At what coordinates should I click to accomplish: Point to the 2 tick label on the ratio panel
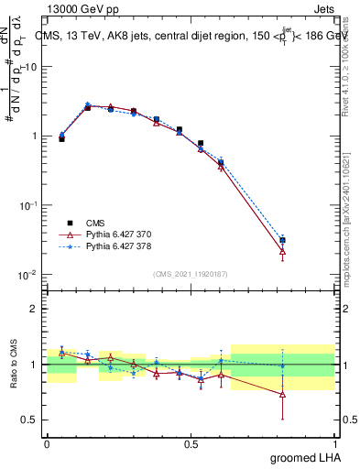34,310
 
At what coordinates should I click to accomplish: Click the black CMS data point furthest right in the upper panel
283,241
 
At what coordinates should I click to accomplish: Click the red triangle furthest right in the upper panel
283,250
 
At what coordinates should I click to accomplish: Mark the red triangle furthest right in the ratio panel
283,394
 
